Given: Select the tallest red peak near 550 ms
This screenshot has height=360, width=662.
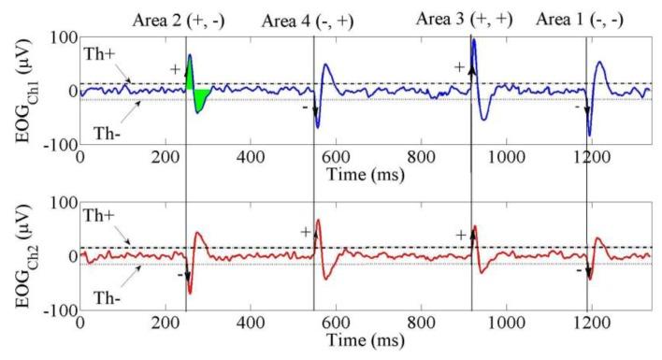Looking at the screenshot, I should coord(319,221).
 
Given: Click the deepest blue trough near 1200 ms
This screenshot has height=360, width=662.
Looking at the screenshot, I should coord(589,135).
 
